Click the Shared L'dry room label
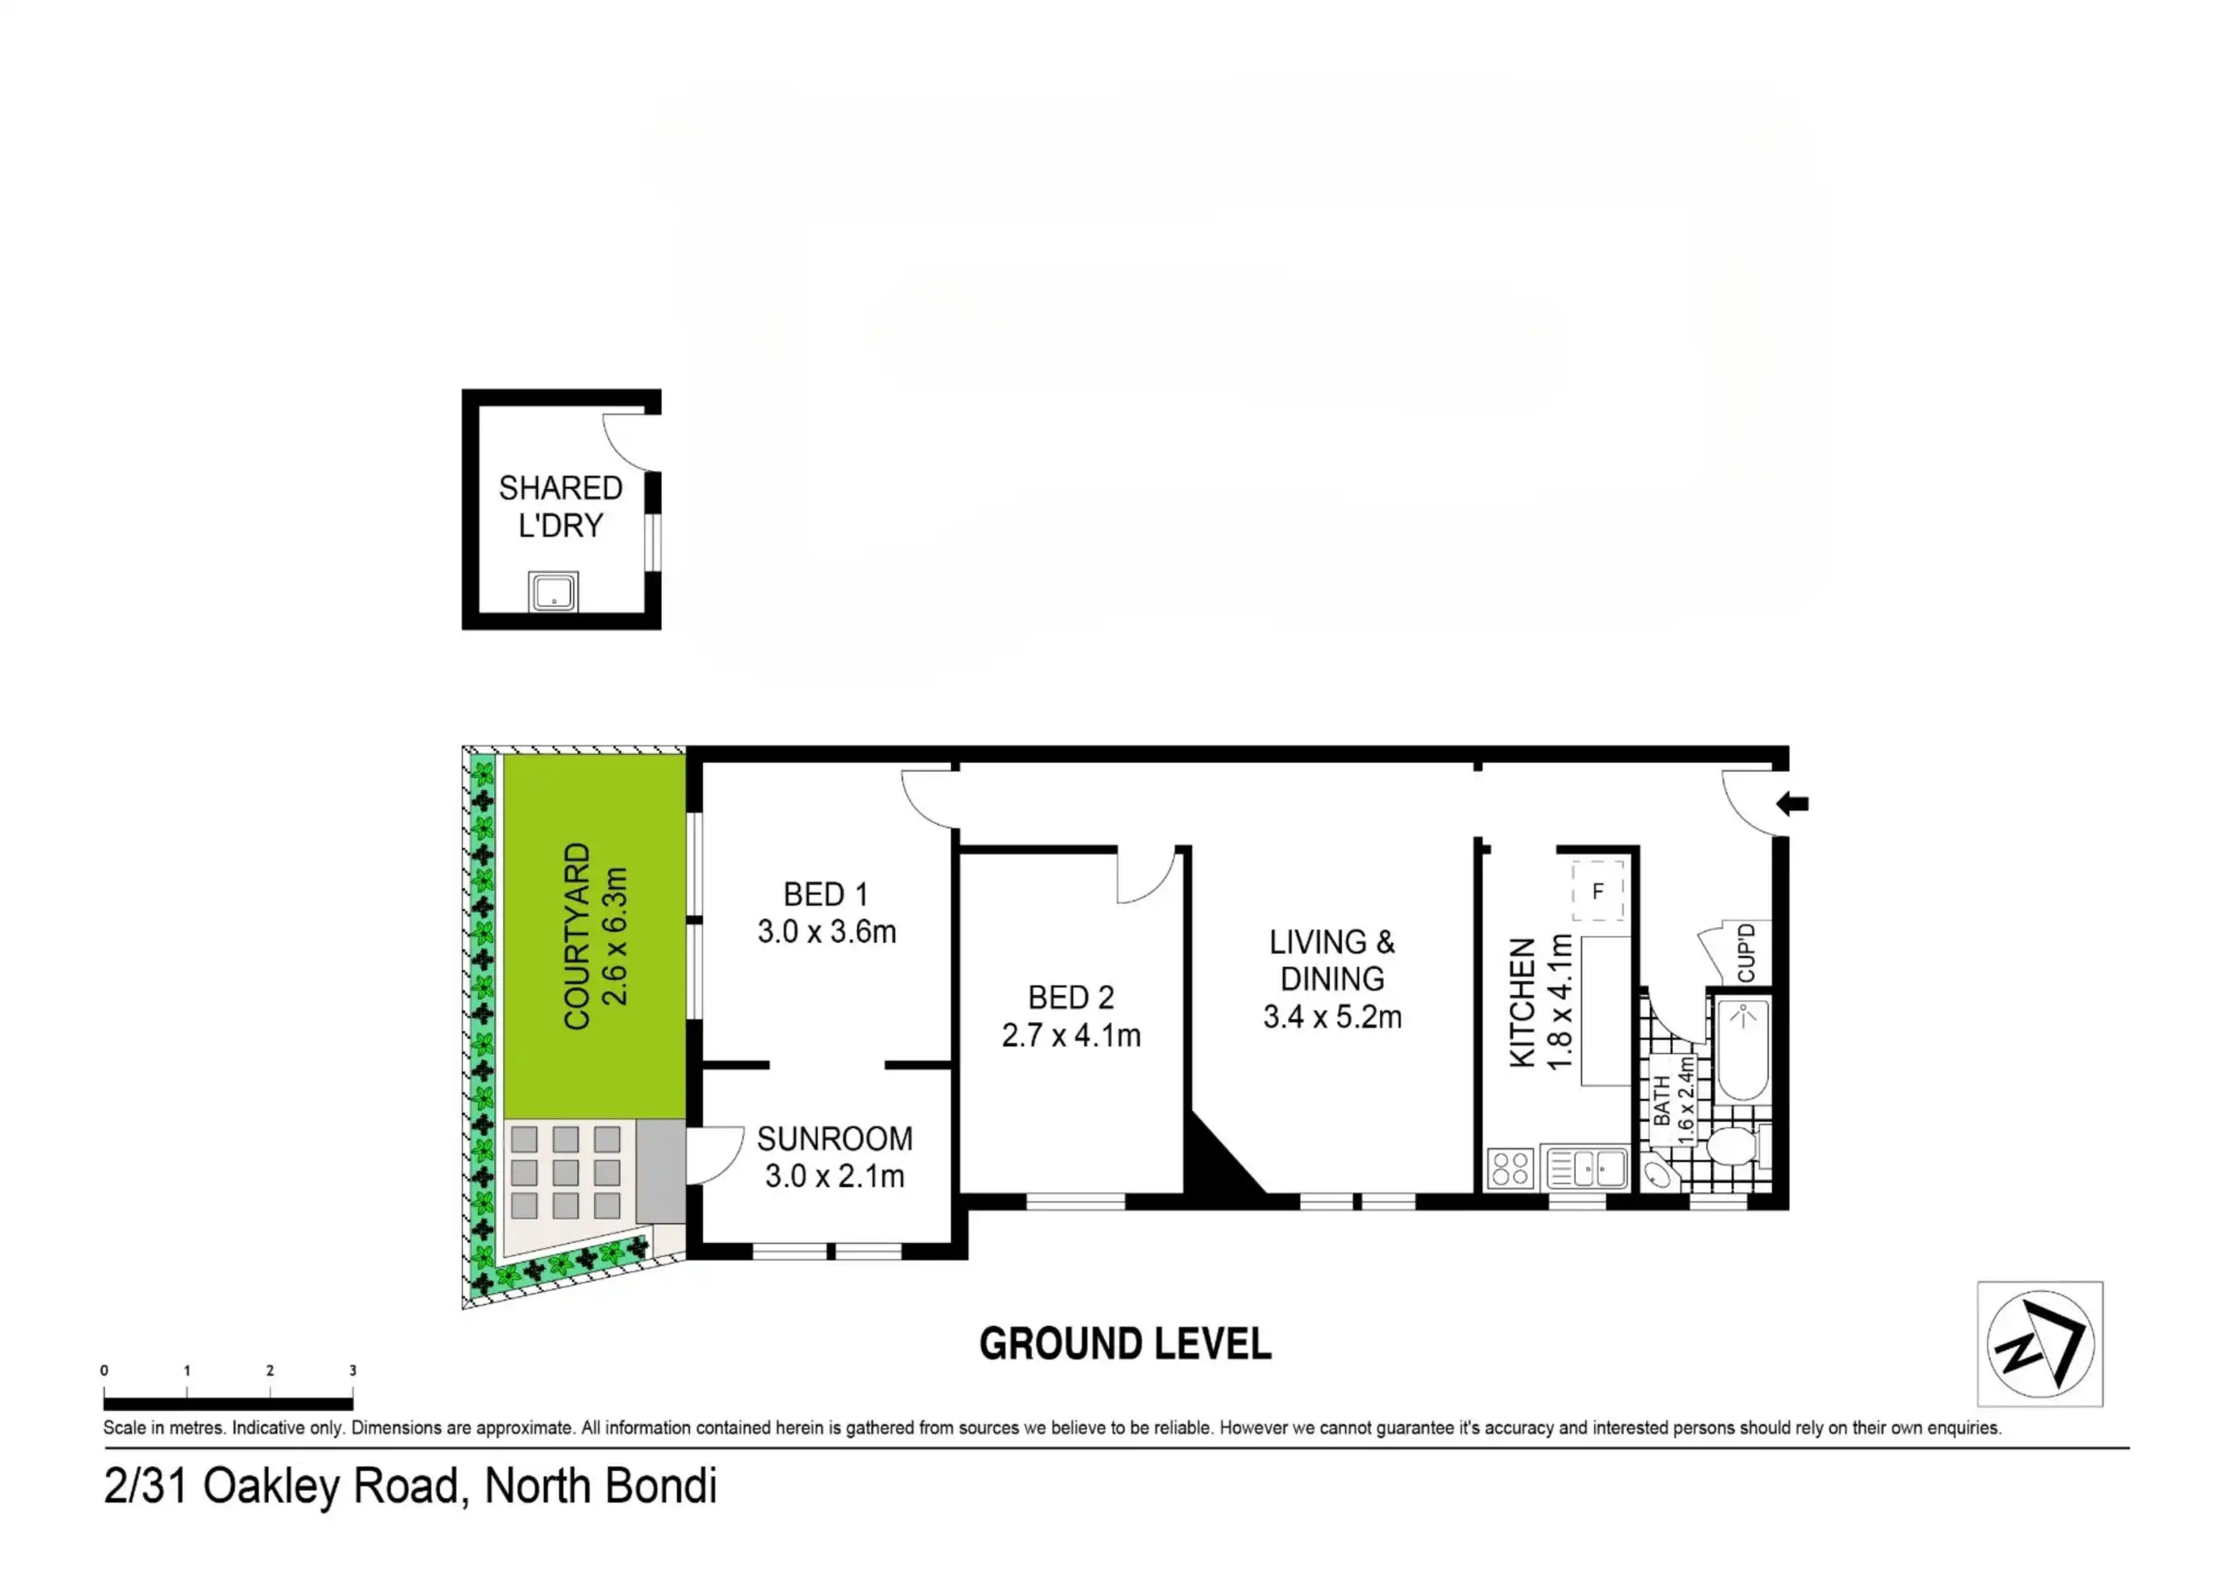pos(560,506)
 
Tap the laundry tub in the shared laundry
pos(553,592)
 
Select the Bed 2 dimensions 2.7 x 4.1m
pos(1071,1034)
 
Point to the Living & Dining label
pos(1331,960)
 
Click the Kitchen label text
pos(1522,1003)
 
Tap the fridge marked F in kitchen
pos(1598,890)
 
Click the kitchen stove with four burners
pos(1509,1168)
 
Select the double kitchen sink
pos(1586,1168)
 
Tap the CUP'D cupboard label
pos(1745,953)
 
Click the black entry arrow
pos(1792,804)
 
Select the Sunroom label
pos(835,1138)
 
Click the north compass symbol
pos(2040,1344)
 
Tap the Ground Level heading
pos(1125,1344)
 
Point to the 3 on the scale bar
pos(353,1370)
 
